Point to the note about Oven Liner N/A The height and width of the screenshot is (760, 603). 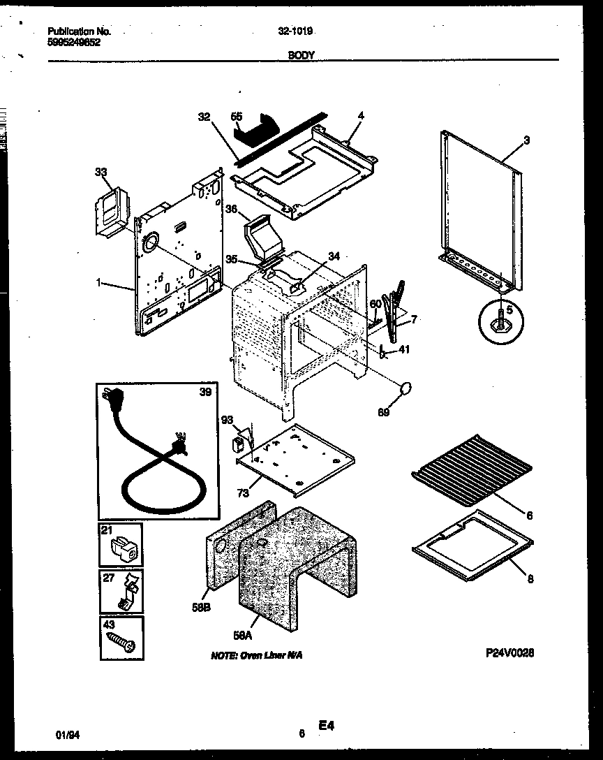click(x=257, y=656)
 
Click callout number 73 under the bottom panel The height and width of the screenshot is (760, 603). click(x=241, y=494)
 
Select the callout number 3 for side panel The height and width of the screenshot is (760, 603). click(x=526, y=140)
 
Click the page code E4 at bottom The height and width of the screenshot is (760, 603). click(x=327, y=726)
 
